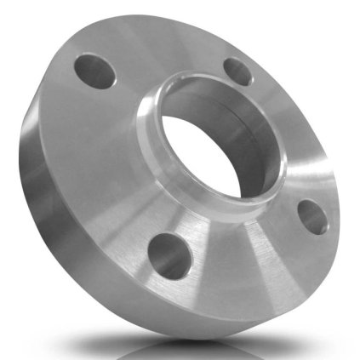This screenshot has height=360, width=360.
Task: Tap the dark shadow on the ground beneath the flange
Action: (204, 345)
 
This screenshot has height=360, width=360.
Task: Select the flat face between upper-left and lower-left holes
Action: (102, 170)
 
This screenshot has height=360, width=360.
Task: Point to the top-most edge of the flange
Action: (170, 15)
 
